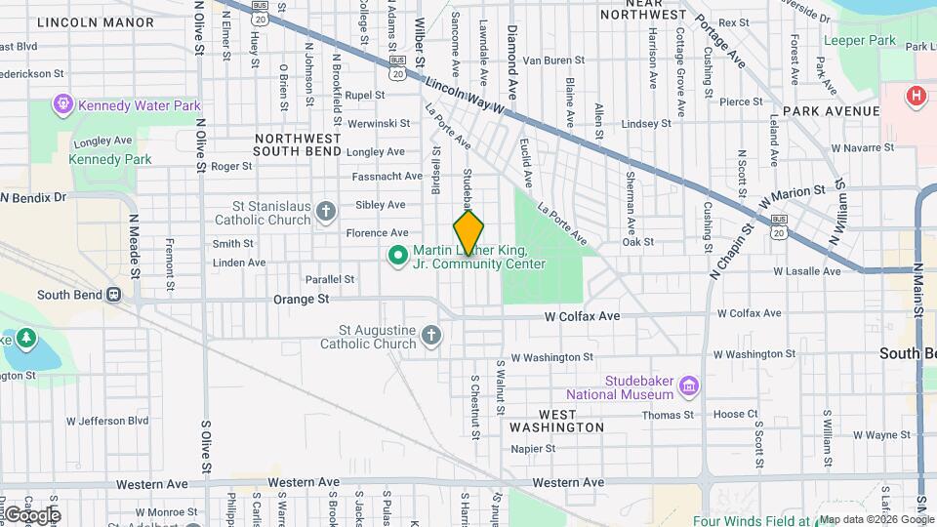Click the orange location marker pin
[x=468, y=234]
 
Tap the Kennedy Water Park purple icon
[x=64, y=101]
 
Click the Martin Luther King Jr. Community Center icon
[x=397, y=256]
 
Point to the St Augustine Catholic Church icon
[x=431, y=337]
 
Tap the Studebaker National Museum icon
[x=689, y=386]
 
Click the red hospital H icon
[x=916, y=96]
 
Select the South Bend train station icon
[x=114, y=294]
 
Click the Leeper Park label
[x=860, y=40]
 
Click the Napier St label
[x=533, y=449]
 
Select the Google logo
[x=32, y=514]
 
